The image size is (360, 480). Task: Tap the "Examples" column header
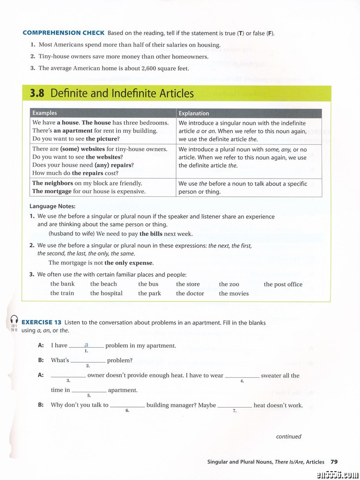pos(44,113)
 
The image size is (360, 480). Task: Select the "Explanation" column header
pos(194,113)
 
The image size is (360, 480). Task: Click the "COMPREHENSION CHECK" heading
pos(64,33)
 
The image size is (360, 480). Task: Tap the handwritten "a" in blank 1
pos(86,345)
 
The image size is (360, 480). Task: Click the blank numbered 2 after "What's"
pos(88,361)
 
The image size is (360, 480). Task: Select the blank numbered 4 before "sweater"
pos(242,376)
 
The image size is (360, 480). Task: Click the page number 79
pos(334,462)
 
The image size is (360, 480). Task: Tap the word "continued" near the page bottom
pos(288,436)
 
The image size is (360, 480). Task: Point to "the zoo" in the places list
pos(229,284)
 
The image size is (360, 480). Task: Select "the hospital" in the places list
pos(106,294)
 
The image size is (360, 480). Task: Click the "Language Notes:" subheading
pos(52,206)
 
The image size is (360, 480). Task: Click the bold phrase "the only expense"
pos(129,263)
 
